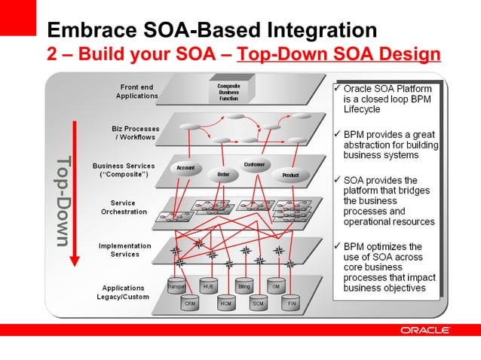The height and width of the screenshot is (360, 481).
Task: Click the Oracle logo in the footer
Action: click(x=425, y=331)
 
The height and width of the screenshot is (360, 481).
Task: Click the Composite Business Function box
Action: click(x=229, y=93)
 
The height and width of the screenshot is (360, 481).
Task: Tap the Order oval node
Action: click(x=223, y=174)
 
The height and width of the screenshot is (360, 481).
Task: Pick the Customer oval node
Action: click(x=253, y=165)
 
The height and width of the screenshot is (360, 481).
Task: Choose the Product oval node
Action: click(x=290, y=175)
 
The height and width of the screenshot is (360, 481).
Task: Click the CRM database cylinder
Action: click(x=191, y=304)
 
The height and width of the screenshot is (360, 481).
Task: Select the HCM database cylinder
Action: click(x=225, y=304)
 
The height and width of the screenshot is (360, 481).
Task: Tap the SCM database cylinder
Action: click(x=259, y=304)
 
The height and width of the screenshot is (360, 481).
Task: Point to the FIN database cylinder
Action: click(x=292, y=304)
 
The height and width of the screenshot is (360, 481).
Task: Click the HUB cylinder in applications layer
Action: click(x=209, y=288)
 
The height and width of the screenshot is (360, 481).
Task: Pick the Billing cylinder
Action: click(x=244, y=288)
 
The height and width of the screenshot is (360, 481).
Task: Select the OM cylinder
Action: click(x=276, y=288)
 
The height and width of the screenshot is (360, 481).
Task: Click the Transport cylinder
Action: click(x=176, y=288)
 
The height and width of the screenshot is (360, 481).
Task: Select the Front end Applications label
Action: click(x=136, y=91)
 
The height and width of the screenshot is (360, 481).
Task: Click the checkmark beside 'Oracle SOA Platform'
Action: click(x=337, y=89)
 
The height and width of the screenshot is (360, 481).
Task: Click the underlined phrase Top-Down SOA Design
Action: click(x=339, y=54)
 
